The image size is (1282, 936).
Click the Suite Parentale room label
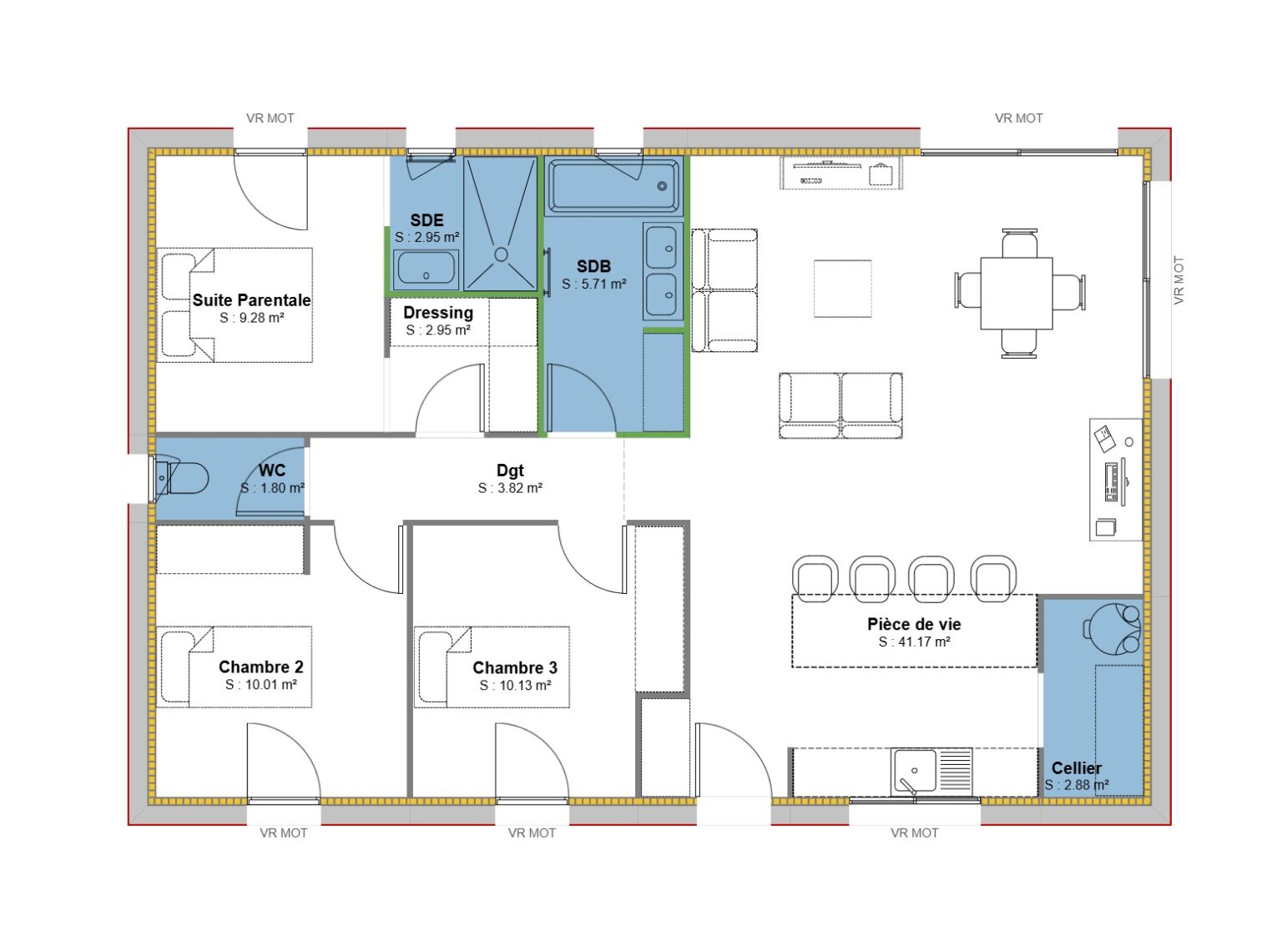click(x=251, y=300)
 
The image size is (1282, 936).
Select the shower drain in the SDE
click(x=501, y=254)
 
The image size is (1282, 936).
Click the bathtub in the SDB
click(x=613, y=185)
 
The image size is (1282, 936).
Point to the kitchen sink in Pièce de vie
click(x=914, y=771)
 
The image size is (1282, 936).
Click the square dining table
click(x=1016, y=293)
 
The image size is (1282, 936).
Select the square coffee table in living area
click(x=843, y=289)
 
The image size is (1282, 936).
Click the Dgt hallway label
click(x=510, y=471)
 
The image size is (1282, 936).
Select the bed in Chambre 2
click(x=235, y=667)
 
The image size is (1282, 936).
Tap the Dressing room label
click(x=438, y=313)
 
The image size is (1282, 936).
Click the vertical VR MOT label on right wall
click(x=1179, y=280)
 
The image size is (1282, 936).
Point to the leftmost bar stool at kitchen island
click(x=815, y=577)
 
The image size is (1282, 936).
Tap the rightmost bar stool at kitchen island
click(x=993, y=577)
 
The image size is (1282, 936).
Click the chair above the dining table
click(x=1019, y=244)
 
